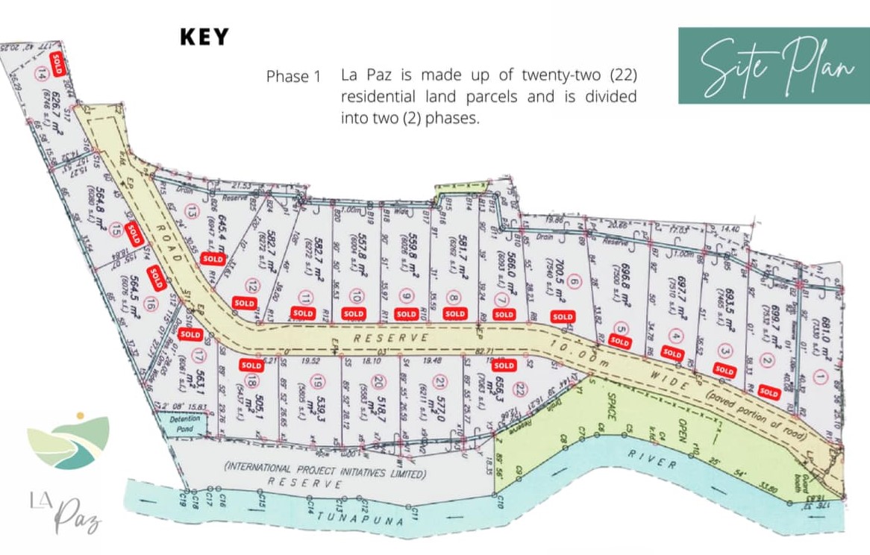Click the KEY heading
pyautogui.click(x=204, y=37)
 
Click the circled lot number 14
pyautogui.click(x=42, y=72)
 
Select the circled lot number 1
pyautogui.click(x=821, y=375)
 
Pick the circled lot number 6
pyautogui.click(x=573, y=282)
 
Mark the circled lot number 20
pyautogui.click(x=379, y=382)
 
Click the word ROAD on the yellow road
pyautogui.click(x=170, y=245)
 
